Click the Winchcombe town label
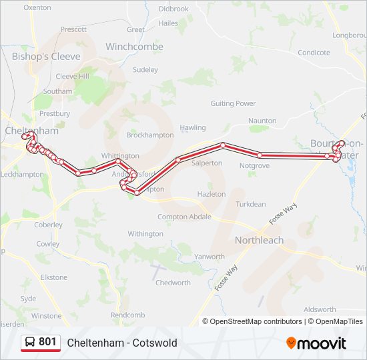[134, 47]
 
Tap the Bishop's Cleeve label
[46, 56]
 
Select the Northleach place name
[259, 240]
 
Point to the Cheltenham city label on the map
[32, 131]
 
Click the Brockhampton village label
[150, 135]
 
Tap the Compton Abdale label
[185, 217]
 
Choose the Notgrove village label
[254, 165]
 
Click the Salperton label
[206, 163]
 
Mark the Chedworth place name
[173, 283]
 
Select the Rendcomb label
[127, 315]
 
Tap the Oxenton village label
[37, 8]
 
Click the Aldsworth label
[320, 309]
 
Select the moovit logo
[316, 343]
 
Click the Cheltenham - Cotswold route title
[122, 343]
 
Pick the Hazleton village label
[212, 194]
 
